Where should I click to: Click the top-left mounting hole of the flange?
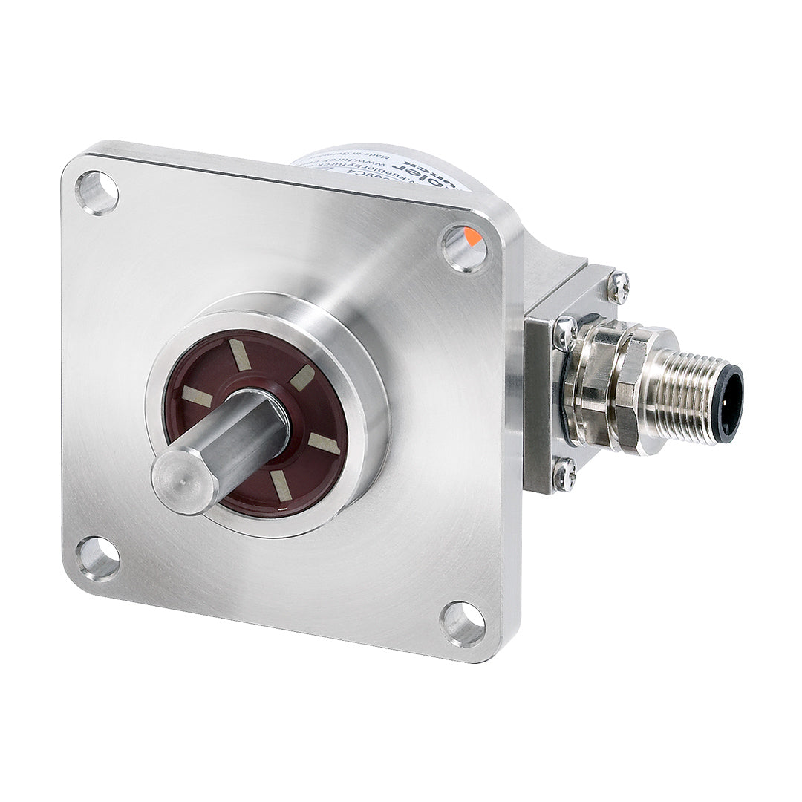97,192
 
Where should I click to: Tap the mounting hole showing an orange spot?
464,248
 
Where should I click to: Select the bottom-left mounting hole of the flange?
97,558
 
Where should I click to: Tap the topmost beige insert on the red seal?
239,356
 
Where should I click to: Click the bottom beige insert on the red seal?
280,484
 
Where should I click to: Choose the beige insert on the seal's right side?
324,443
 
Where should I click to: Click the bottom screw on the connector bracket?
564,473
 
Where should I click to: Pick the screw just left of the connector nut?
565,332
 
